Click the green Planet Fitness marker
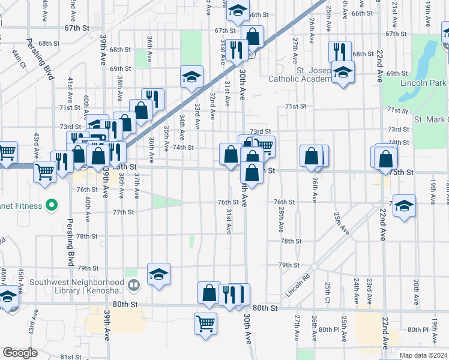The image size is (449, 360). coord(52,206)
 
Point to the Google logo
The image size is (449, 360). coord(20,353)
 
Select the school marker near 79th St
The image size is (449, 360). coord(158,274)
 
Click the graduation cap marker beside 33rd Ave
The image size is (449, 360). coord(191,76)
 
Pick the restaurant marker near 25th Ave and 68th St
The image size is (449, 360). coord(340,51)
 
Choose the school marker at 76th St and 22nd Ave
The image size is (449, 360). coord(405,205)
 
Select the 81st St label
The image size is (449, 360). coord(70,357)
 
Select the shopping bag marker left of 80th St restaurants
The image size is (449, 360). coord(209,293)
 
